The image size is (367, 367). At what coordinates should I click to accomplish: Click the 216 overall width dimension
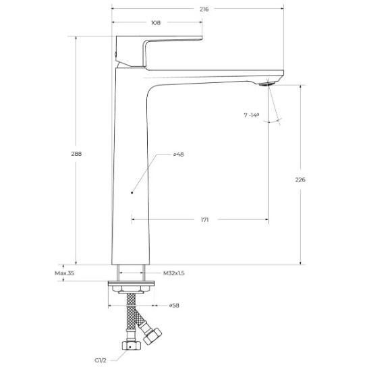click(x=204, y=9)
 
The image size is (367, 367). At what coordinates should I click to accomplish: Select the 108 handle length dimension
click(x=156, y=23)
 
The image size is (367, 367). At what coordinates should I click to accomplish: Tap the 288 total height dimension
click(x=76, y=154)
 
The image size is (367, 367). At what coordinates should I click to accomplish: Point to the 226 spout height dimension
click(x=300, y=179)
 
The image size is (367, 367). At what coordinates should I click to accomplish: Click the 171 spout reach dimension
click(x=205, y=220)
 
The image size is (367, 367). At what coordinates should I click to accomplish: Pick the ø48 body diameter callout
click(x=179, y=154)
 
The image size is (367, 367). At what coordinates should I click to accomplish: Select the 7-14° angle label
click(x=252, y=115)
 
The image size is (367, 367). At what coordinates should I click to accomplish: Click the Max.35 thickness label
click(x=64, y=273)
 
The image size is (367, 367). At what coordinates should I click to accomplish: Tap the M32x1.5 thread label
click(x=173, y=273)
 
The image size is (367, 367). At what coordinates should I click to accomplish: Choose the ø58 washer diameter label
click(x=174, y=306)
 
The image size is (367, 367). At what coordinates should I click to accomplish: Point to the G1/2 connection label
click(x=101, y=360)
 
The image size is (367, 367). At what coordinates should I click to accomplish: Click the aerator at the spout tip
click(x=267, y=84)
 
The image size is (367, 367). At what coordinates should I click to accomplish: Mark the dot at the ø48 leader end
click(x=132, y=193)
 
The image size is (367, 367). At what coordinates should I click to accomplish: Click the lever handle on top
click(x=159, y=52)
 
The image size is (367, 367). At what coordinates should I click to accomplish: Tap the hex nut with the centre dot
click(x=131, y=345)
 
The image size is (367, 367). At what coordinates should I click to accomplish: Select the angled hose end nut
click(x=152, y=336)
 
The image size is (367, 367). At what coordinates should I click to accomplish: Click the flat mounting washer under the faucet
click(x=131, y=283)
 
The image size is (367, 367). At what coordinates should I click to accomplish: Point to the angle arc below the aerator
click(x=271, y=121)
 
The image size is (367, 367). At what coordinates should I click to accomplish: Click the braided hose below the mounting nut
click(x=131, y=312)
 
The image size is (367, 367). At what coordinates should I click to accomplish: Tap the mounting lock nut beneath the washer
click(x=131, y=289)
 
